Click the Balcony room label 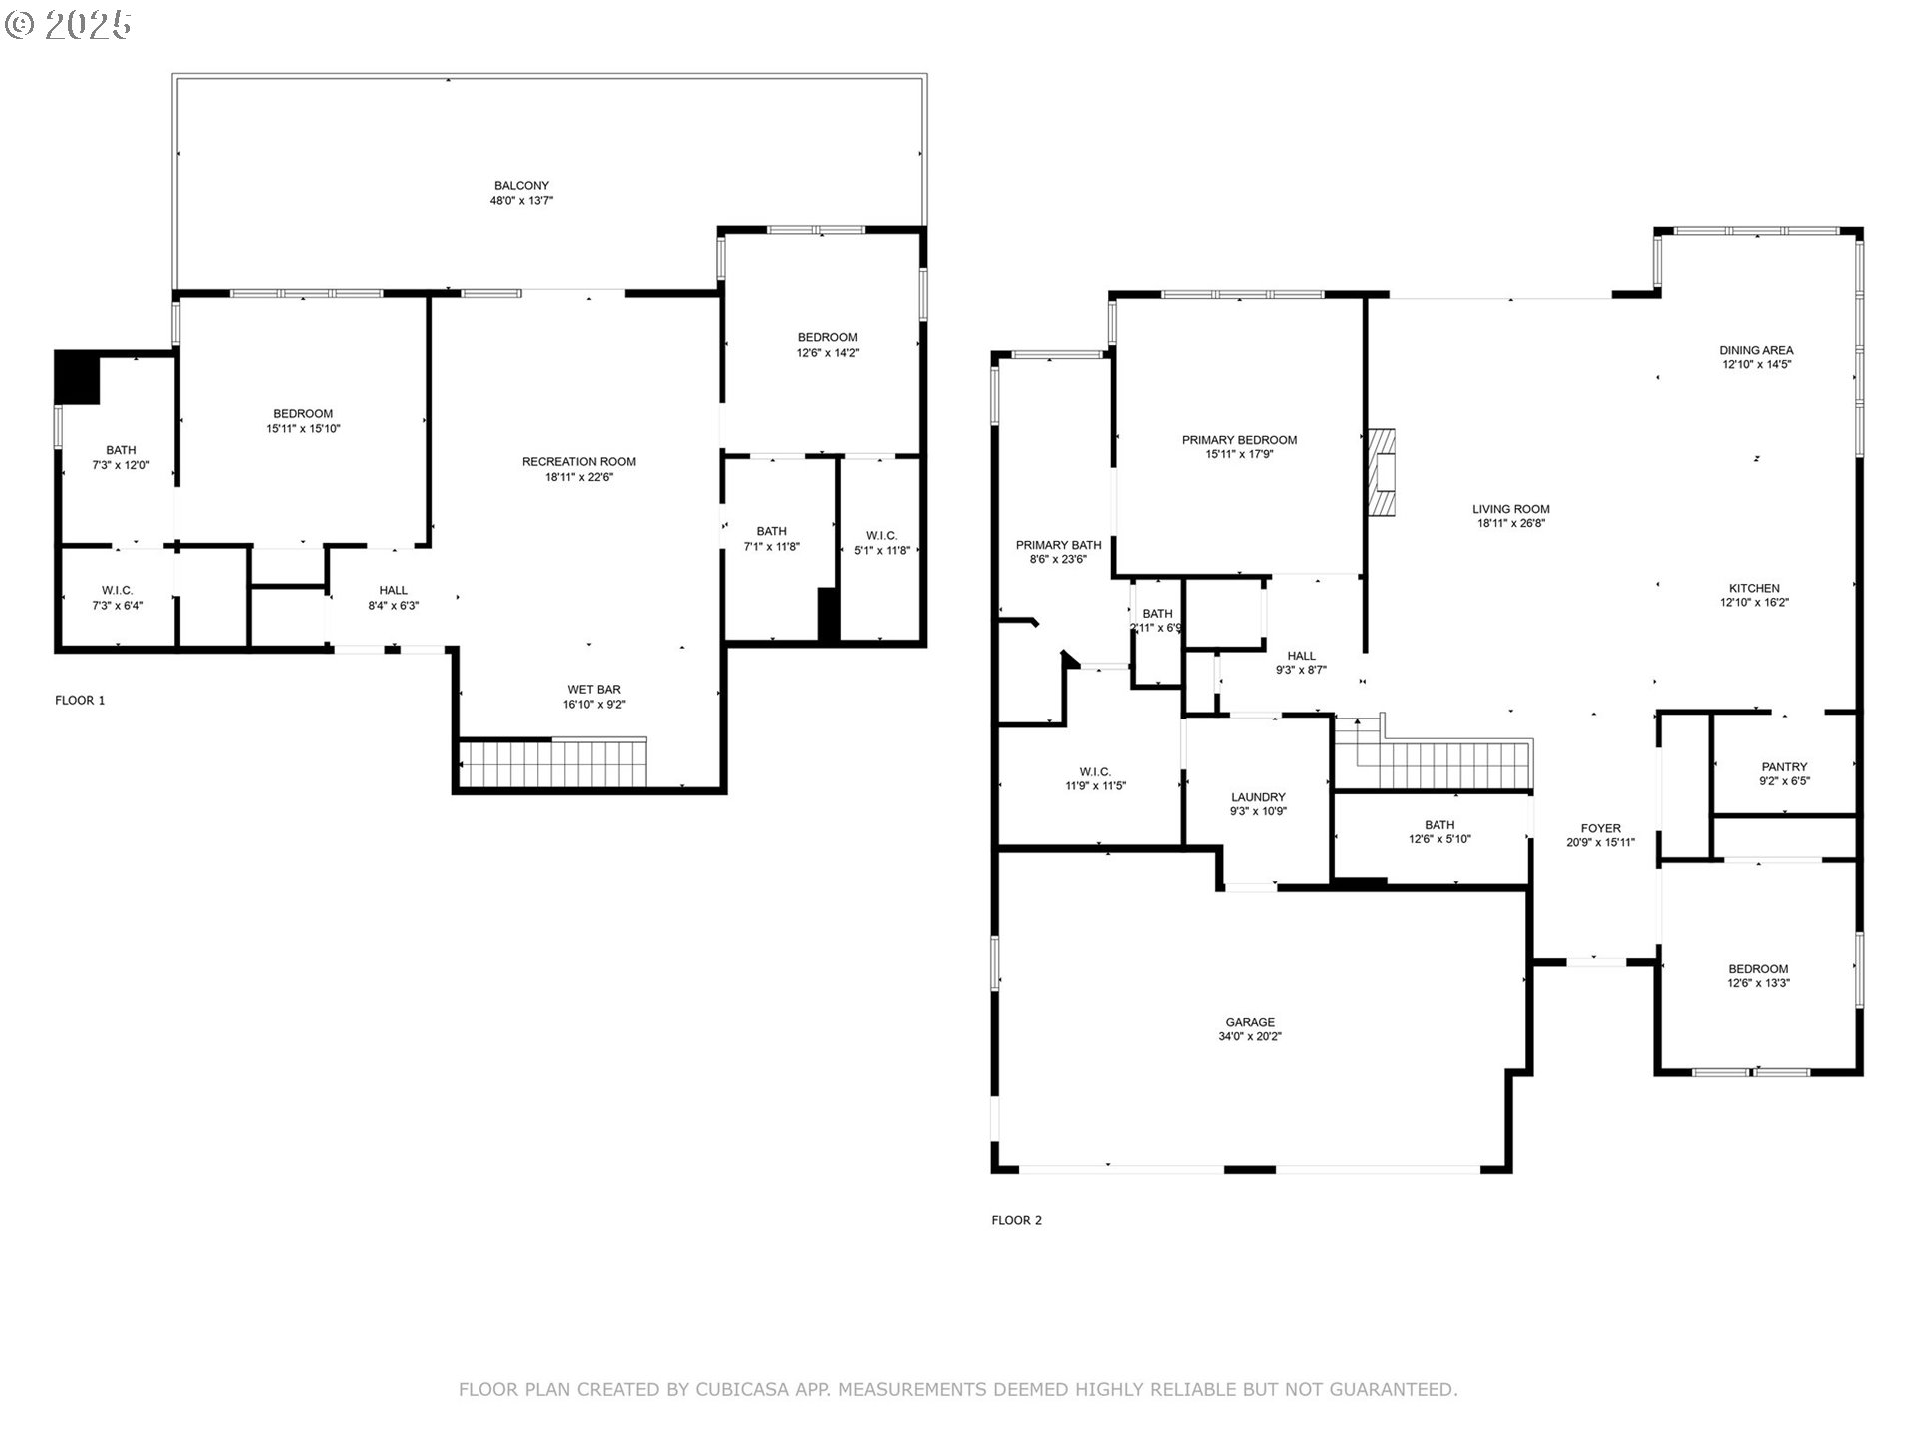[521, 186]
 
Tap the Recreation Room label [579, 462]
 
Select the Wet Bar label [594, 690]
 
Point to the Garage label [1250, 1022]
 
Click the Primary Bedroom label [1239, 440]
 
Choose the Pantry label [1784, 767]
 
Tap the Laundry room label [1258, 797]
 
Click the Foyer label [1600, 828]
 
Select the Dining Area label [1756, 350]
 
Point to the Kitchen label [1755, 588]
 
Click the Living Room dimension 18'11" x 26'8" [1511, 523]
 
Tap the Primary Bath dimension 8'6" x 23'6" [1058, 560]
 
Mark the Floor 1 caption [80, 700]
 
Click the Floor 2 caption [1016, 1220]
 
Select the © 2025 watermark [68, 25]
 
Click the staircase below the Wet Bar [552, 764]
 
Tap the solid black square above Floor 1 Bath [78, 376]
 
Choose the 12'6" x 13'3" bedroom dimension [1758, 983]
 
